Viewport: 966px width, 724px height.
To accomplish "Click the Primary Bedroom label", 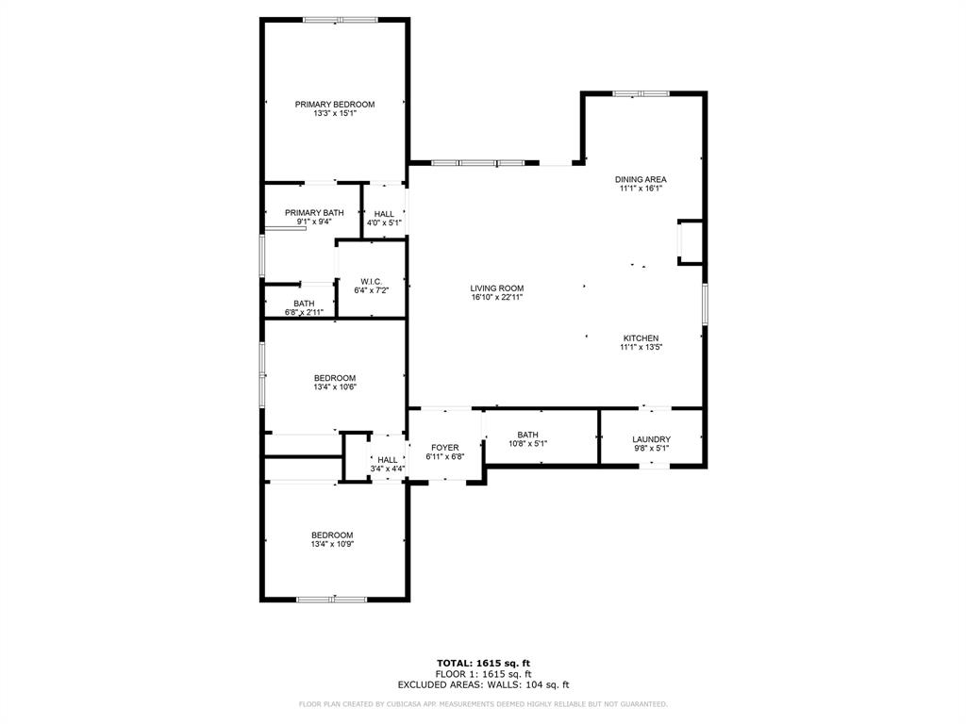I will [335, 105].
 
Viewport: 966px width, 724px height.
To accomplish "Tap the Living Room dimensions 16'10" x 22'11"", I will [497, 298].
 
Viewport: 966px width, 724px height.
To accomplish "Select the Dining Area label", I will [641, 179].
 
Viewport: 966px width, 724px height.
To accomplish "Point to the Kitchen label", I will [641, 338].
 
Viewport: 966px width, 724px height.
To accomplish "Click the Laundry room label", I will [651, 439].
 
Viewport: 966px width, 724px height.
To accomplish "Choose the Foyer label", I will [444, 448].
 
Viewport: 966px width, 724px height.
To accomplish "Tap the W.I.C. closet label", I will [371, 282].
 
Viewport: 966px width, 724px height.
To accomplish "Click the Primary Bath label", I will [314, 213].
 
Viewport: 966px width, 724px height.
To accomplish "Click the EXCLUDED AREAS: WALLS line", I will [483, 685].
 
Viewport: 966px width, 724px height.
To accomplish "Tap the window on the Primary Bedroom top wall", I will [340, 19].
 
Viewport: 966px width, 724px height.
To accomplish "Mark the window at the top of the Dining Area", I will [641, 93].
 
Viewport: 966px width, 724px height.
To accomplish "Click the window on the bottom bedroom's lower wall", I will [331, 599].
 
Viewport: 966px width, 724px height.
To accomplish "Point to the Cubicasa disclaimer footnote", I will [483, 704].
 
